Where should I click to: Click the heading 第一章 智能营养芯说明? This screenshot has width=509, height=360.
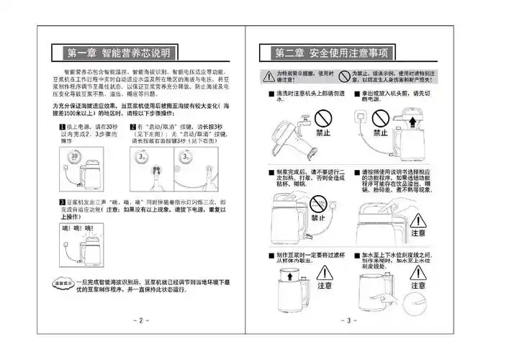119,53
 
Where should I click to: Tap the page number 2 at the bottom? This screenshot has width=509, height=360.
141,320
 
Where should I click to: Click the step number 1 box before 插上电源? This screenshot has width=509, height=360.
62,127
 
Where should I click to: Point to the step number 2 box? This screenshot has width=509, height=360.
133,127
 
